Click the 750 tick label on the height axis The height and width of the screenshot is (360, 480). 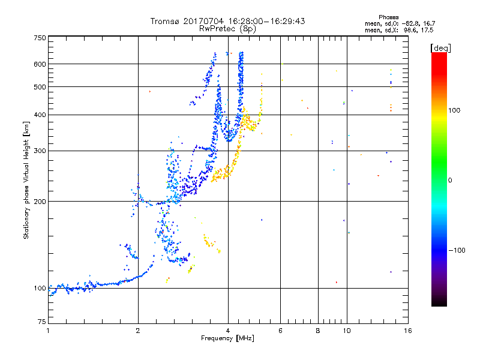coord(40,38)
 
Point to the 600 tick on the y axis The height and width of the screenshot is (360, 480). coord(40,64)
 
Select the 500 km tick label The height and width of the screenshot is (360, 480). coord(40,87)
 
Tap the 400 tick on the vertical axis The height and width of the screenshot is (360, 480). coord(40,115)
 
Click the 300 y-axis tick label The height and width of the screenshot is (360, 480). coord(40,151)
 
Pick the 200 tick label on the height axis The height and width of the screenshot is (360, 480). coord(40,201)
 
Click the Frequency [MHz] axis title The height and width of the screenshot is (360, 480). coord(227,338)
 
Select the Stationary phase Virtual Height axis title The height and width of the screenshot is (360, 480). coord(26,180)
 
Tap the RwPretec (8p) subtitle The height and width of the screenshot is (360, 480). coord(227,28)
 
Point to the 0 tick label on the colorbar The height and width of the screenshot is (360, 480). coord(451,180)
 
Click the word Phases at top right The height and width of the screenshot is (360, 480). coord(389,17)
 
